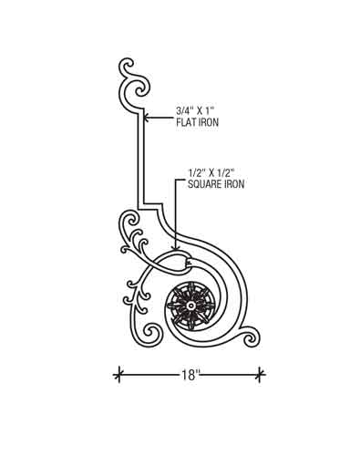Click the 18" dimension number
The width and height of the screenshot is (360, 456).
click(190, 375)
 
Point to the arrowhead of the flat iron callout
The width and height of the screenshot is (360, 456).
click(146, 117)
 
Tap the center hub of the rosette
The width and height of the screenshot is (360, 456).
click(190, 306)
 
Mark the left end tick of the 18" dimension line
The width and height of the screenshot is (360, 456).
click(118, 375)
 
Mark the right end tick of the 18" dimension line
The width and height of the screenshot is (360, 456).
click(260, 375)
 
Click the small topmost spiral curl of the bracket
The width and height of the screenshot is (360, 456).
click(126, 66)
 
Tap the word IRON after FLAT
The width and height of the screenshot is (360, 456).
click(209, 122)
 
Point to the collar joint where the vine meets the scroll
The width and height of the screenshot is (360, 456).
click(186, 264)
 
